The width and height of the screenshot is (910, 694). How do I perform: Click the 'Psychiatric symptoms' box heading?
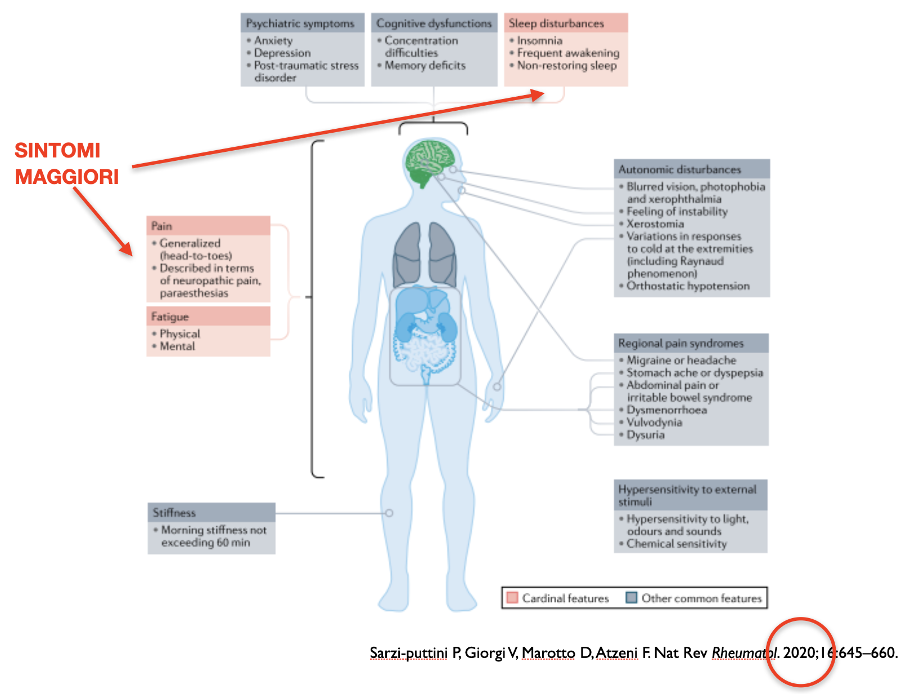coord(300,24)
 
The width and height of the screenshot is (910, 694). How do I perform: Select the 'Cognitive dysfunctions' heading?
coord(434,24)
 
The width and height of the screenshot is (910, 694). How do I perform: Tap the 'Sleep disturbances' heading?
coord(556,24)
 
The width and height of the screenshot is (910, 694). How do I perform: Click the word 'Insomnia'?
coord(539,40)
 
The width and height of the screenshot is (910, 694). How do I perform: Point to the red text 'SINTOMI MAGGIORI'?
coord(66,164)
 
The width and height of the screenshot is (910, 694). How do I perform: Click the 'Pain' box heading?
coord(161,226)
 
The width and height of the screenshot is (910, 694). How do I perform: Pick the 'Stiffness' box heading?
coord(174,513)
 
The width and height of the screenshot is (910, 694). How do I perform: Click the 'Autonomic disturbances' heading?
coord(679,169)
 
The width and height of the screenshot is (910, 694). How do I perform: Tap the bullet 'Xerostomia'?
coord(655,224)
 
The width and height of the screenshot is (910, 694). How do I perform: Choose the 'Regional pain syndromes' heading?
coord(681,343)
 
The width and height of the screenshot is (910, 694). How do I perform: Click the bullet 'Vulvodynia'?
coord(654,422)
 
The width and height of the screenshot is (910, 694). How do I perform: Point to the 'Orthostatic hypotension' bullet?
coord(688,286)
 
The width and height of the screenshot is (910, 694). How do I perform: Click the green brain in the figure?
coord(430,161)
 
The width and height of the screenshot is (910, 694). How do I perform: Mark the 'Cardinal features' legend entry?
coord(565,598)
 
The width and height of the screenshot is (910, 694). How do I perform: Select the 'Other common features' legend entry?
coord(701,598)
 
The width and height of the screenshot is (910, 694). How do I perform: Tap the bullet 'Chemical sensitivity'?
coord(677,544)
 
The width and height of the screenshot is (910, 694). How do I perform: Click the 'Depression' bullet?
coord(282,53)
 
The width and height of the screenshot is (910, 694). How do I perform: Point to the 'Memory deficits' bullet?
coord(425,65)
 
